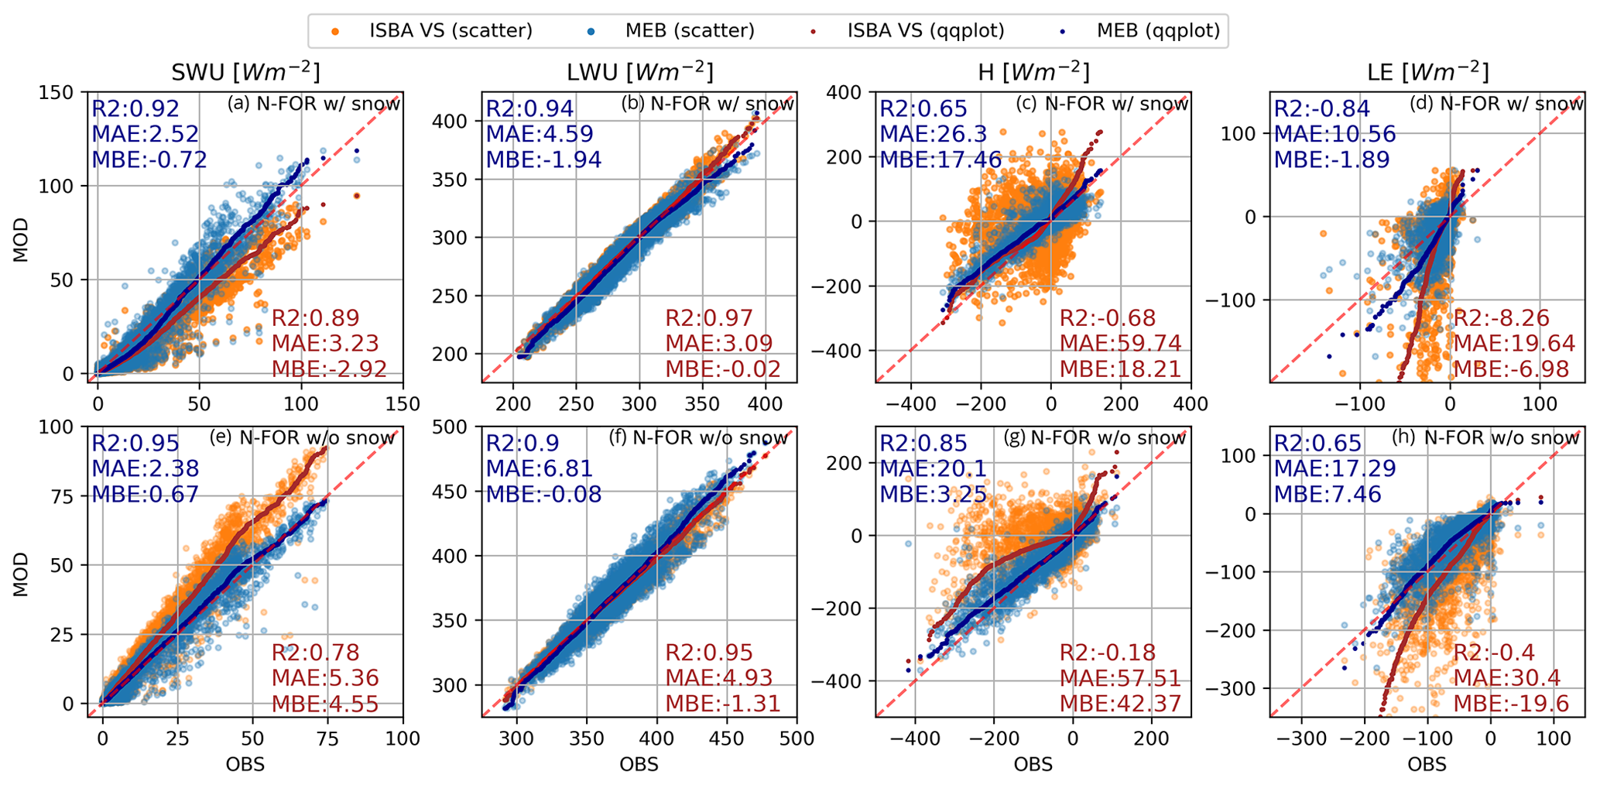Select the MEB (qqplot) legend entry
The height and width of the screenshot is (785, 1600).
[1158, 31]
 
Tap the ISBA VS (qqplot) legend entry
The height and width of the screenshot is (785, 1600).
[926, 31]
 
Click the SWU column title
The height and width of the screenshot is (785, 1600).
[245, 73]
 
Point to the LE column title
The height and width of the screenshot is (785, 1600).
[1427, 73]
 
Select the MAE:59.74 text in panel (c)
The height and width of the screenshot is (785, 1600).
[1120, 343]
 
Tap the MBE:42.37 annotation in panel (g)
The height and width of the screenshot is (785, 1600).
[1120, 704]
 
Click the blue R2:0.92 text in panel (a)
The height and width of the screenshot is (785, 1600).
[135, 109]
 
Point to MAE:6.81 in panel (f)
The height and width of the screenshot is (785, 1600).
[540, 468]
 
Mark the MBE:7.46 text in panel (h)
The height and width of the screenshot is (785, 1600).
[1328, 494]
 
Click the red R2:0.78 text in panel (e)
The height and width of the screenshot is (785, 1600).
[315, 653]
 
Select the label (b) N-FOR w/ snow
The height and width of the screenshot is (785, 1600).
[707, 104]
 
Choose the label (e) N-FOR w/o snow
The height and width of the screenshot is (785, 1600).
[303, 438]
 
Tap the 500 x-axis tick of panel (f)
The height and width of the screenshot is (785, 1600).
[797, 739]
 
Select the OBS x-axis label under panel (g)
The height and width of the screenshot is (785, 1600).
[1033, 765]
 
